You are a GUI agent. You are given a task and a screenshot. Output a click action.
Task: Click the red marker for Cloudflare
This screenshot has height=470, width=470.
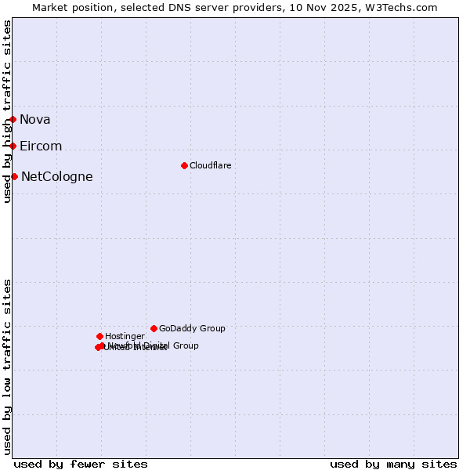184,165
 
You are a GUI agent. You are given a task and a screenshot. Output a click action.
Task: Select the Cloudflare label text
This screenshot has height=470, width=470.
210,165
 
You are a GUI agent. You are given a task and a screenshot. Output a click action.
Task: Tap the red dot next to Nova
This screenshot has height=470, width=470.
13,119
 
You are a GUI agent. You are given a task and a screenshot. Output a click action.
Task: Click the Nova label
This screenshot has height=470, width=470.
35,119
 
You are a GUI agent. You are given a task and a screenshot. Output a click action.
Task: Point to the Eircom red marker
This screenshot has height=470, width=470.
13,146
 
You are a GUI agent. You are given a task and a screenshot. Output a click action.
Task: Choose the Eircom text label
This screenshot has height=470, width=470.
41,146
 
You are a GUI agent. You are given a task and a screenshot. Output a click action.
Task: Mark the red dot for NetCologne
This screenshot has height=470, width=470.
14,176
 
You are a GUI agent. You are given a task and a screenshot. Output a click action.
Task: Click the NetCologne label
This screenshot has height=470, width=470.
56,176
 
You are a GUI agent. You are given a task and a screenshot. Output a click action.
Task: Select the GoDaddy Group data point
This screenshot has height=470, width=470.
154,328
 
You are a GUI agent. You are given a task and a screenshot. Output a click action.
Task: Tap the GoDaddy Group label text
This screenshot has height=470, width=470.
192,328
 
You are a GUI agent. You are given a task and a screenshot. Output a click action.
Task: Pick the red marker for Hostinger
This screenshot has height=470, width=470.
99,336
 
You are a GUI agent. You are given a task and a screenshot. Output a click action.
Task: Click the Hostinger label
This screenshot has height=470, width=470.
125,336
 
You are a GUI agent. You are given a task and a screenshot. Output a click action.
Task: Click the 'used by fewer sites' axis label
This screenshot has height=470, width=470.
81,464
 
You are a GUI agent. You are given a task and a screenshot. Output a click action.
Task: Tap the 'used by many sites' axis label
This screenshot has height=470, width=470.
393,464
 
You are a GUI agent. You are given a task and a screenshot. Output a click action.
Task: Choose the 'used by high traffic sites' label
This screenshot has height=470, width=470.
7,111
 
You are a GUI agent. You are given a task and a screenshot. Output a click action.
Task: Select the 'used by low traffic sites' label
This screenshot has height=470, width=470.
7,367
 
